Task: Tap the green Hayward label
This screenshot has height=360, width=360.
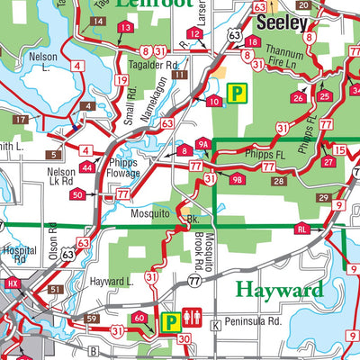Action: (x=279, y=290)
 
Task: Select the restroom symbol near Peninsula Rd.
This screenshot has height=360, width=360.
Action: (x=189, y=320)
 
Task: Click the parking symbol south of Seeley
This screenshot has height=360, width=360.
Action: (x=236, y=92)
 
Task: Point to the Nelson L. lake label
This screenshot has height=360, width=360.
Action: (x=42, y=56)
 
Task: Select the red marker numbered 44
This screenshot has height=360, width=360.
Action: (x=86, y=167)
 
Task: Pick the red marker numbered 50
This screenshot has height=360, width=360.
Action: (x=79, y=193)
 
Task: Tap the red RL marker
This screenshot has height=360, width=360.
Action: (x=302, y=229)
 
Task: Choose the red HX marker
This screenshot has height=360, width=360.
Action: (x=13, y=283)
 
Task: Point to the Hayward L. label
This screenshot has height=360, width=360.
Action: (x=112, y=282)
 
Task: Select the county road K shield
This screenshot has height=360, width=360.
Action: (x=214, y=325)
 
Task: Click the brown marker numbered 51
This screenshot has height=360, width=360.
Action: (x=55, y=290)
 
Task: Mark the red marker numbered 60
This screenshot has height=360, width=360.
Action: (x=139, y=317)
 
